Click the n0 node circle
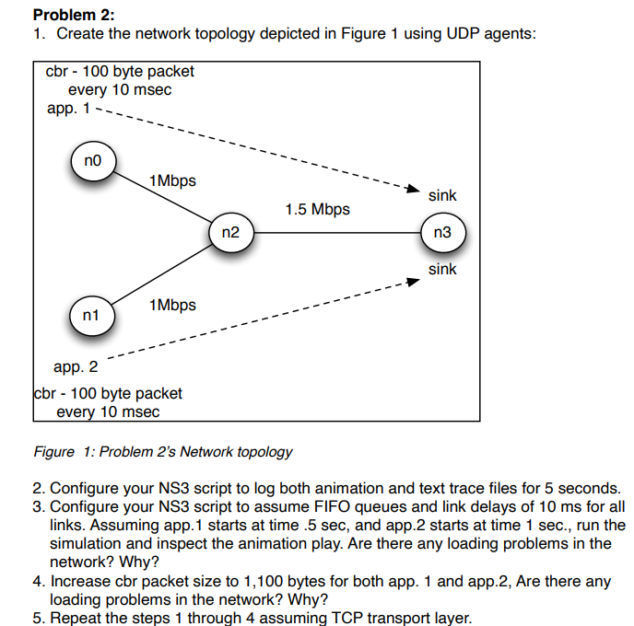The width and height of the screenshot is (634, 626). [92, 162]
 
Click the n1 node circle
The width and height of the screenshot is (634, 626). [90, 316]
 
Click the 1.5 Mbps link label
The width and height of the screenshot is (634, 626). [317, 209]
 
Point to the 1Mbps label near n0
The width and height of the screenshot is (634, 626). [172, 180]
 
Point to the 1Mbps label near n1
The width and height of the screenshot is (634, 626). [172, 305]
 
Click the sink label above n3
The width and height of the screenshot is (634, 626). [442, 195]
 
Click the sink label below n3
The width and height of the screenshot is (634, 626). [442, 270]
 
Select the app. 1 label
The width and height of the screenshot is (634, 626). [68, 109]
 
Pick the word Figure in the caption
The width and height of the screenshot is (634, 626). [53, 452]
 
